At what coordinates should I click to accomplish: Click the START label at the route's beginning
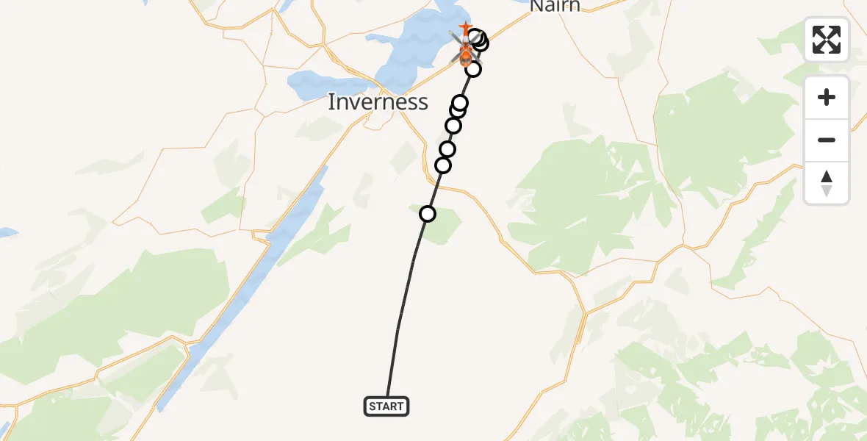click(x=386, y=406)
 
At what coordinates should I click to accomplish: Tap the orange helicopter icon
click(x=466, y=52)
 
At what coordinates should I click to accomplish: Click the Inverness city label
click(x=378, y=102)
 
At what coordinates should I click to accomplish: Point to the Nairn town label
click(x=555, y=7)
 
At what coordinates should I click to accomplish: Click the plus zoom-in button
click(x=827, y=97)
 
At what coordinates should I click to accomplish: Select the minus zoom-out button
click(x=827, y=140)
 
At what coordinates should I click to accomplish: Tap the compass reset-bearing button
click(x=827, y=183)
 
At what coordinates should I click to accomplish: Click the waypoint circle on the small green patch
click(x=427, y=214)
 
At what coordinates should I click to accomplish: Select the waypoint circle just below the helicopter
click(x=473, y=69)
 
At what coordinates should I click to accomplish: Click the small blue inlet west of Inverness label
click(x=316, y=84)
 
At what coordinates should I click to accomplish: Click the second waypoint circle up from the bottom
click(x=443, y=165)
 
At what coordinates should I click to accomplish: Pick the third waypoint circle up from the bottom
click(x=447, y=149)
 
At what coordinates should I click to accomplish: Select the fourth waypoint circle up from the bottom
click(x=453, y=126)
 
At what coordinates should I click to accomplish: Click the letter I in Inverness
click(x=331, y=102)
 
